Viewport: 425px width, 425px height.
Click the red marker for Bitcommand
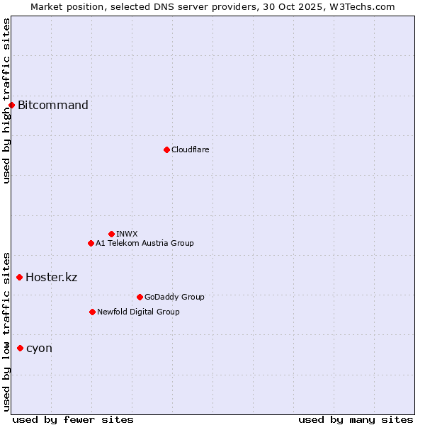click(11, 106)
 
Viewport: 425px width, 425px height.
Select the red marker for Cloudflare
click(166, 149)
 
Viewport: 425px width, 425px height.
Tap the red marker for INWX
click(111, 234)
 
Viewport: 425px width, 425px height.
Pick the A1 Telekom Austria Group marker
click(91, 243)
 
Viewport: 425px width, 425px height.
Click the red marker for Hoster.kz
click(19, 277)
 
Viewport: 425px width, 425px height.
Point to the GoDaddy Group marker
click(140, 297)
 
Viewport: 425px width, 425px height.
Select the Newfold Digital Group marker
click(92, 312)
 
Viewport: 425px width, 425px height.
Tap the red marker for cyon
click(20, 348)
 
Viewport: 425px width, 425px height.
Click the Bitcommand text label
click(53, 106)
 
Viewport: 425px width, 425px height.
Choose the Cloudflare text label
click(190, 149)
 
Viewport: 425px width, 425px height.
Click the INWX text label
click(127, 234)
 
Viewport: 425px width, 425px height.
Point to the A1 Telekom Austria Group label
click(144, 243)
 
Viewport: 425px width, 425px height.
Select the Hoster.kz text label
click(51, 277)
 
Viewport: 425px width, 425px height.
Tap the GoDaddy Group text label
click(174, 297)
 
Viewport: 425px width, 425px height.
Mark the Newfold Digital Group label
click(138, 312)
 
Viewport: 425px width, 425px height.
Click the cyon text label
click(39, 348)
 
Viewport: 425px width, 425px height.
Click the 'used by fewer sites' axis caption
click(73, 419)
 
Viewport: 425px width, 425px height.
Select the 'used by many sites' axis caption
click(356, 419)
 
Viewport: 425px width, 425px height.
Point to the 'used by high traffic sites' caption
click(6, 101)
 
